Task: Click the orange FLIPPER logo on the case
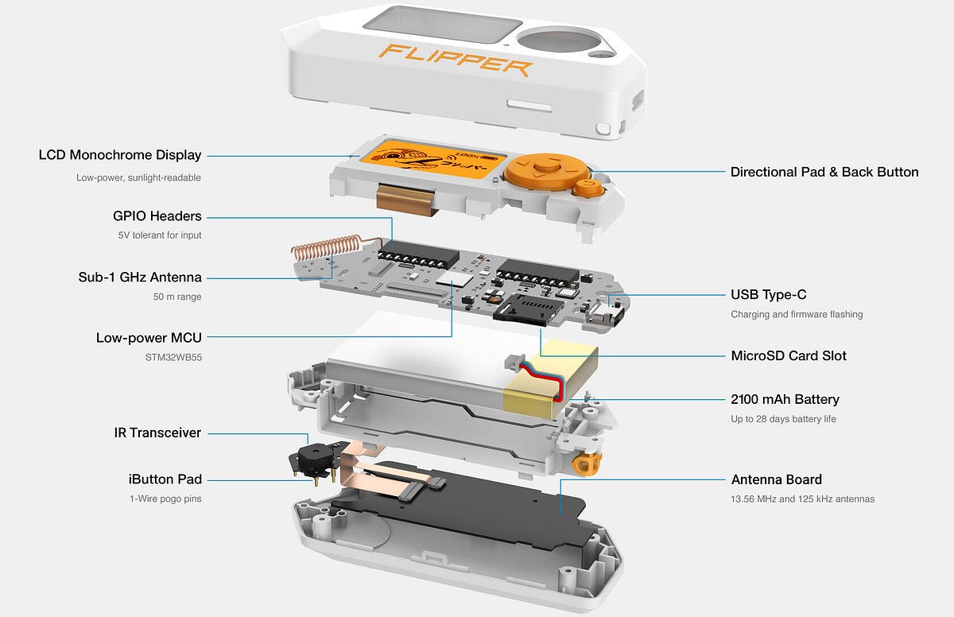[455, 60]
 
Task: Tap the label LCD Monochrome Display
[120, 155]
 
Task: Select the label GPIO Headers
[157, 216]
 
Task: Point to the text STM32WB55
[169, 358]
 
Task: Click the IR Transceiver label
[157, 433]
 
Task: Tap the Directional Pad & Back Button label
[824, 172]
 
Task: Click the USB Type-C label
[768, 295]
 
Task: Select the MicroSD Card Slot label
[789, 355]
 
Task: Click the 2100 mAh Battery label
[785, 399]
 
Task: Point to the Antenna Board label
[776, 479]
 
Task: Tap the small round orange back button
[588, 188]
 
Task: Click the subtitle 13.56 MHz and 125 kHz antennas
[802, 499]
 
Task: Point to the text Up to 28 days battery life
[783, 419]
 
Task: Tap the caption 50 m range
[178, 297]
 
